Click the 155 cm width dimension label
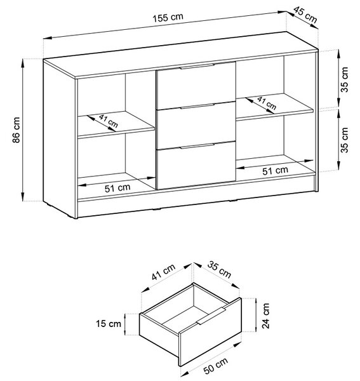click(168, 18)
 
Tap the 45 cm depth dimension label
click(305, 15)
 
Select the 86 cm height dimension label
click(17, 130)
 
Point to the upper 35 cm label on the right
click(345, 79)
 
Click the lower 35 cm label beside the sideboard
click(345, 140)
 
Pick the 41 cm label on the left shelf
click(109, 121)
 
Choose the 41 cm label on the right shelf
click(267, 103)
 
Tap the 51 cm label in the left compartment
click(117, 188)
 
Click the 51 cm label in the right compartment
click(275, 171)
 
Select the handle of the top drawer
click(197, 66)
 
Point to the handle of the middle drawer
click(197, 106)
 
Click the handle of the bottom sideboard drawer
click(197, 146)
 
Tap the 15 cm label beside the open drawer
click(109, 324)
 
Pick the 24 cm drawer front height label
click(266, 316)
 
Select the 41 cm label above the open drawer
click(163, 272)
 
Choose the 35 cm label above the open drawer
click(219, 270)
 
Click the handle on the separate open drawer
click(211, 316)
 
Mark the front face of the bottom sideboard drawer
click(196, 165)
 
